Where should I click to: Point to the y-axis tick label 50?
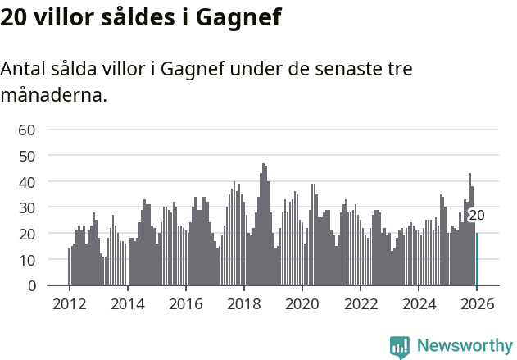pos(27,155)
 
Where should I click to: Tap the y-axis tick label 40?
pos(27,181)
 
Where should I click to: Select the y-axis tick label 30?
pos(27,207)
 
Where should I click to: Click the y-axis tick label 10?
pos(27,260)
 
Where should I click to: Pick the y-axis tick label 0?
pos(31,286)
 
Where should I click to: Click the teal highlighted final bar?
pos(477,259)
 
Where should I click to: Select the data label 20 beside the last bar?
pos(476,216)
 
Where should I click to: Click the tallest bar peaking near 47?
pos(263,225)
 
